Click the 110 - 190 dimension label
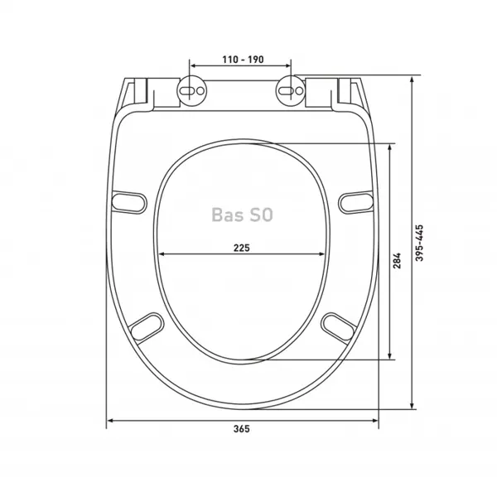243,60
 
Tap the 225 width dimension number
242,248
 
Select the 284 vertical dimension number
397,261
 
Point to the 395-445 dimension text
419,243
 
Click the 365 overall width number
242,429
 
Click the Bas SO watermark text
242,215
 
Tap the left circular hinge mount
191,90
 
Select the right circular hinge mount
290,90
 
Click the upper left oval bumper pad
129,202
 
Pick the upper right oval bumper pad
356,202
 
